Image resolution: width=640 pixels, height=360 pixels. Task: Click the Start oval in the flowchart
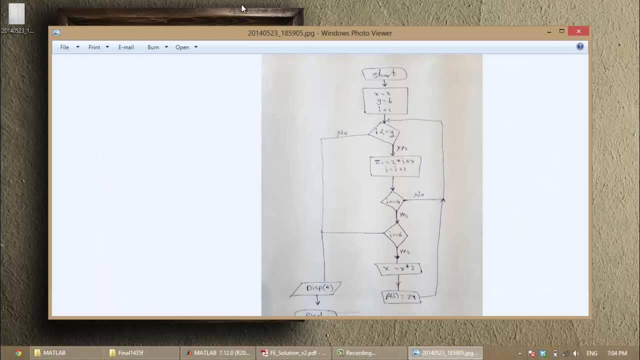(384, 74)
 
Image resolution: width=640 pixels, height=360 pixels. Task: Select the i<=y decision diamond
(384, 132)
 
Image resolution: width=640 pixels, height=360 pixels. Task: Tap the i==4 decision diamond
(392, 201)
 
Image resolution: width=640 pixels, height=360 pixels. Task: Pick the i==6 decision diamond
(395, 234)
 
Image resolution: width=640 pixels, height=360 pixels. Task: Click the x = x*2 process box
(399, 269)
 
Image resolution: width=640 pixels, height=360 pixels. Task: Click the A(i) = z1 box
(401, 296)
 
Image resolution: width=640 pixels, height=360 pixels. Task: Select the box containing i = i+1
(395, 165)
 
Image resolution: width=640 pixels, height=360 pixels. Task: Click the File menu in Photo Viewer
(65, 47)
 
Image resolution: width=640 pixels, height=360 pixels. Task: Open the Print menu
(94, 47)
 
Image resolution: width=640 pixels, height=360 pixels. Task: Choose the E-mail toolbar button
(126, 47)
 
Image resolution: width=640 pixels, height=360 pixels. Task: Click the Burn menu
(153, 47)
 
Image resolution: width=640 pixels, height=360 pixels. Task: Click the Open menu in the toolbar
(182, 47)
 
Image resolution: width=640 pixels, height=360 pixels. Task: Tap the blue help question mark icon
(580, 46)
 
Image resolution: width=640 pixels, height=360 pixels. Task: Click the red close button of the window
(578, 31)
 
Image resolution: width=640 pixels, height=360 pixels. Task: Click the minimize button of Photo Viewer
(549, 31)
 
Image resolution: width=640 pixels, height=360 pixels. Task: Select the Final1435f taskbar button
(141, 352)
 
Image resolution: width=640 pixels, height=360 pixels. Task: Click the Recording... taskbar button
(370, 352)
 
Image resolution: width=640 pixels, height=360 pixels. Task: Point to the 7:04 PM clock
(616, 353)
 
